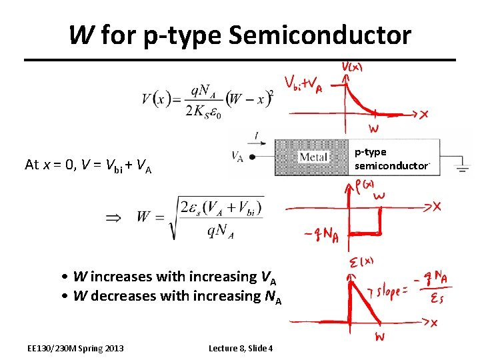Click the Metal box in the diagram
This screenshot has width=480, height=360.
pyautogui.click(x=313, y=157)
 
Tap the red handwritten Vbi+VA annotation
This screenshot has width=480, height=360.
pyautogui.click(x=303, y=85)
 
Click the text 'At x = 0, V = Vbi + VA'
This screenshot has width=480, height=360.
pyautogui.click(x=88, y=165)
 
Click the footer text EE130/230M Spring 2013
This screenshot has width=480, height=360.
pyautogui.click(x=75, y=348)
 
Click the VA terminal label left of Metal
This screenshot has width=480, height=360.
pyautogui.click(x=237, y=156)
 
